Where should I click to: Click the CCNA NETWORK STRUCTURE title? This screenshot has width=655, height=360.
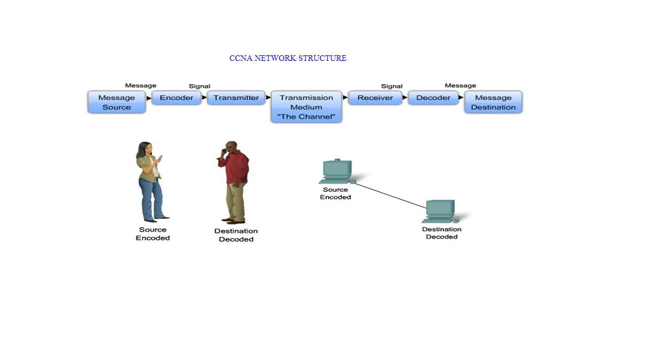pos(287,58)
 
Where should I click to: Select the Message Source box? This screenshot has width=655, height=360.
pos(117,102)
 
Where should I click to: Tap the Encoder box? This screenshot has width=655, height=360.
pos(176,98)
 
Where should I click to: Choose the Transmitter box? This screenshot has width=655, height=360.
pos(236,98)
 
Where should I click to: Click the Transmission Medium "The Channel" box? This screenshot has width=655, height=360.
pos(306,107)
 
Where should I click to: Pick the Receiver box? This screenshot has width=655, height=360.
pos(375,98)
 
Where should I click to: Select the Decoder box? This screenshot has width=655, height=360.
pos(433,98)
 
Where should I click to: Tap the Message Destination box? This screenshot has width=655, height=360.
pos(493,102)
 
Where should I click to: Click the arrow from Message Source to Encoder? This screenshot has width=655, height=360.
pos(149,98)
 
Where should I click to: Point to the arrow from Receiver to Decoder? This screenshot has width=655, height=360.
pos(405,98)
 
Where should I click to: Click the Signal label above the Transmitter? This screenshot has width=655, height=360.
pos(200,86)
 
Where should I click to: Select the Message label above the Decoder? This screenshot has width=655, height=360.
pos(460,86)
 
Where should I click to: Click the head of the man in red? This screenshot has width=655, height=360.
pos(231,148)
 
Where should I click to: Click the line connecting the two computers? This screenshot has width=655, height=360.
pos(390,195)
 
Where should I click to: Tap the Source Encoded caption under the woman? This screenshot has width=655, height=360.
pos(153,234)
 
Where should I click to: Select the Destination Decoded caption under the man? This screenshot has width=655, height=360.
pos(236,235)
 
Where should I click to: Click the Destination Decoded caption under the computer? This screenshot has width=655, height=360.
pos(442,233)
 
